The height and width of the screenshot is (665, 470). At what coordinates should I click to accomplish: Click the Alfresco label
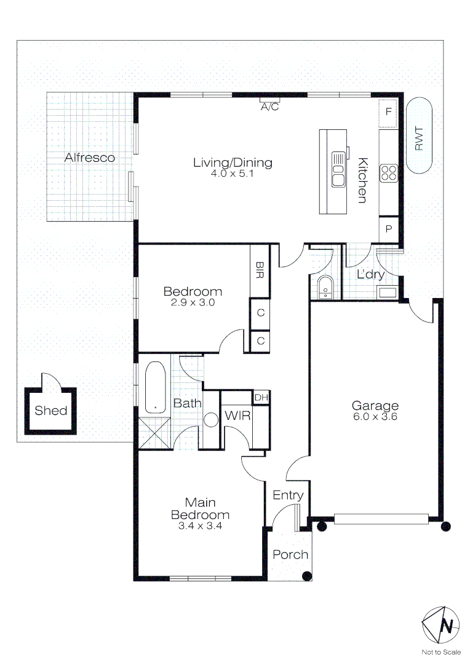[89, 158]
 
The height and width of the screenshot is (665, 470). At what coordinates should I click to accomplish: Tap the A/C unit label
[269, 107]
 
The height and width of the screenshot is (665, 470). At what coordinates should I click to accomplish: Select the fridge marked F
[388, 113]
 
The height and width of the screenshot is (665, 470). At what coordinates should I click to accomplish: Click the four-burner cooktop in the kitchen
[389, 174]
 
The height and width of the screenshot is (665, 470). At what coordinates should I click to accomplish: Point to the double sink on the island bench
[338, 170]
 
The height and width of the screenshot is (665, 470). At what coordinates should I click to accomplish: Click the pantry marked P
[389, 229]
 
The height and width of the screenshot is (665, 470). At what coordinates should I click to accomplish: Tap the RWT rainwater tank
[419, 135]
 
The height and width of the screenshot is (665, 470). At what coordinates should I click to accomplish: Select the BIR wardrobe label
[260, 270]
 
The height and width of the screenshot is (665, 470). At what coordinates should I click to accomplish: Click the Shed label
[51, 411]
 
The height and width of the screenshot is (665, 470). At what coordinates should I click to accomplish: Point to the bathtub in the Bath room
[156, 387]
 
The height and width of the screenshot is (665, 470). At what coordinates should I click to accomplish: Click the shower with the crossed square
[154, 432]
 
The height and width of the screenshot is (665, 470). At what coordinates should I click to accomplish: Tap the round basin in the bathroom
[210, 420]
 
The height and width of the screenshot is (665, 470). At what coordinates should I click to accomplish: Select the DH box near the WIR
[261, 397]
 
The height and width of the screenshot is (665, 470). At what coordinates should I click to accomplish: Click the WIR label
[237, 416]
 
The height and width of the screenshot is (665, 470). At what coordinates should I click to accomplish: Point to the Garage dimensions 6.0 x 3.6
[375, 417]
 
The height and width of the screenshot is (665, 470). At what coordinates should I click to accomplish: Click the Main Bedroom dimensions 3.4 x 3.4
[200, 526]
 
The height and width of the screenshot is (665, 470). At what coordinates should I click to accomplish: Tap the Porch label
[290, 555]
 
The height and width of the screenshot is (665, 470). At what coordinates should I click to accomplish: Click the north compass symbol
[440, 625]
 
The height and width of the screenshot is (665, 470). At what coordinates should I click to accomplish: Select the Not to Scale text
[441, 652]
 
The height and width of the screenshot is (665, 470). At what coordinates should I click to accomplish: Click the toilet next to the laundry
[325, 288]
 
